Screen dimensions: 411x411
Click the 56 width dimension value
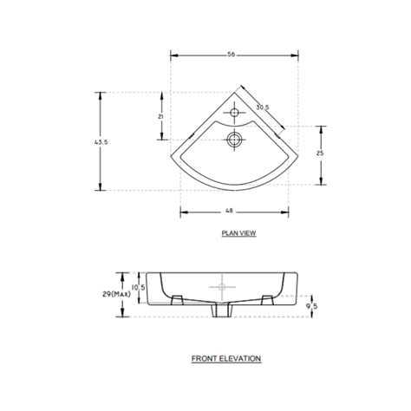point(232,54)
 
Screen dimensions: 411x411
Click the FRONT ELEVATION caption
point(225,357)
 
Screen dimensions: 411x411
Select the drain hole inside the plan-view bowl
point(233,138)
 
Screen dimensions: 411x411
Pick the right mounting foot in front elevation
point(267,300)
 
